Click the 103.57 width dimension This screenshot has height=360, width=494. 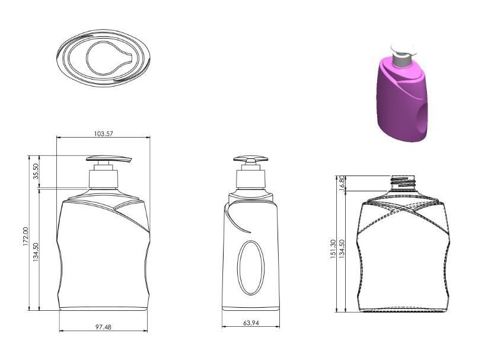pos(103,134)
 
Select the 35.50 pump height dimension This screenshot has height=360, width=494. pos(36,171)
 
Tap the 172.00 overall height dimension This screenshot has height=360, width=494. pos(25,237)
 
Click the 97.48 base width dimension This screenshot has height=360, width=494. pos(103,327)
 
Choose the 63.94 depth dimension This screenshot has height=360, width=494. pos(250,323)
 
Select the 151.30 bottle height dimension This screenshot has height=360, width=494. pos(333,249)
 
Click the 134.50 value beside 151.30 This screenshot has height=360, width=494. pos(342,249)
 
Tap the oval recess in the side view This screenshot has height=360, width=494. pos(250,267)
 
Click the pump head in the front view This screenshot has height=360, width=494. pos(109,160)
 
